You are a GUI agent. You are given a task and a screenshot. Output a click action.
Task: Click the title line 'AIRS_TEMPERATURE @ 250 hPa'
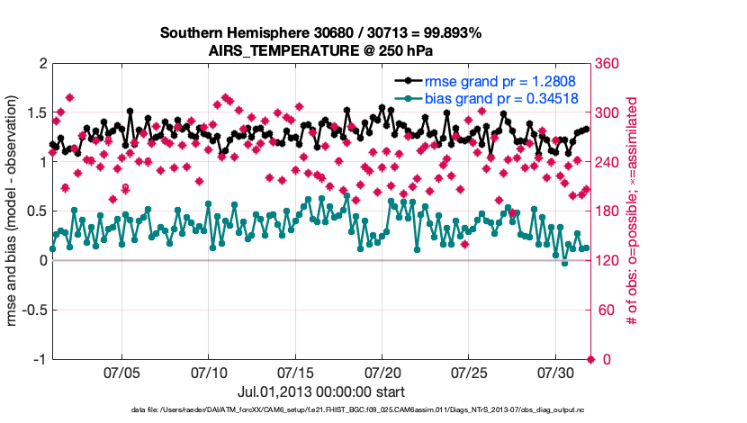[321, 50]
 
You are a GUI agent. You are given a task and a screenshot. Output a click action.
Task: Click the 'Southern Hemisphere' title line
[321, 33]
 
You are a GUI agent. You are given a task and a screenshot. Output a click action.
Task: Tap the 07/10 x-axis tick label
[209, 372]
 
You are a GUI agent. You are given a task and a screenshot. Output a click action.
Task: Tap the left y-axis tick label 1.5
[35, 113]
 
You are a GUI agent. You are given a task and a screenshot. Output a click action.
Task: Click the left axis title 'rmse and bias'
[15, 211]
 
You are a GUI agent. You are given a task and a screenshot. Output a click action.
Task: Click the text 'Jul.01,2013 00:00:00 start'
[321, 391]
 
